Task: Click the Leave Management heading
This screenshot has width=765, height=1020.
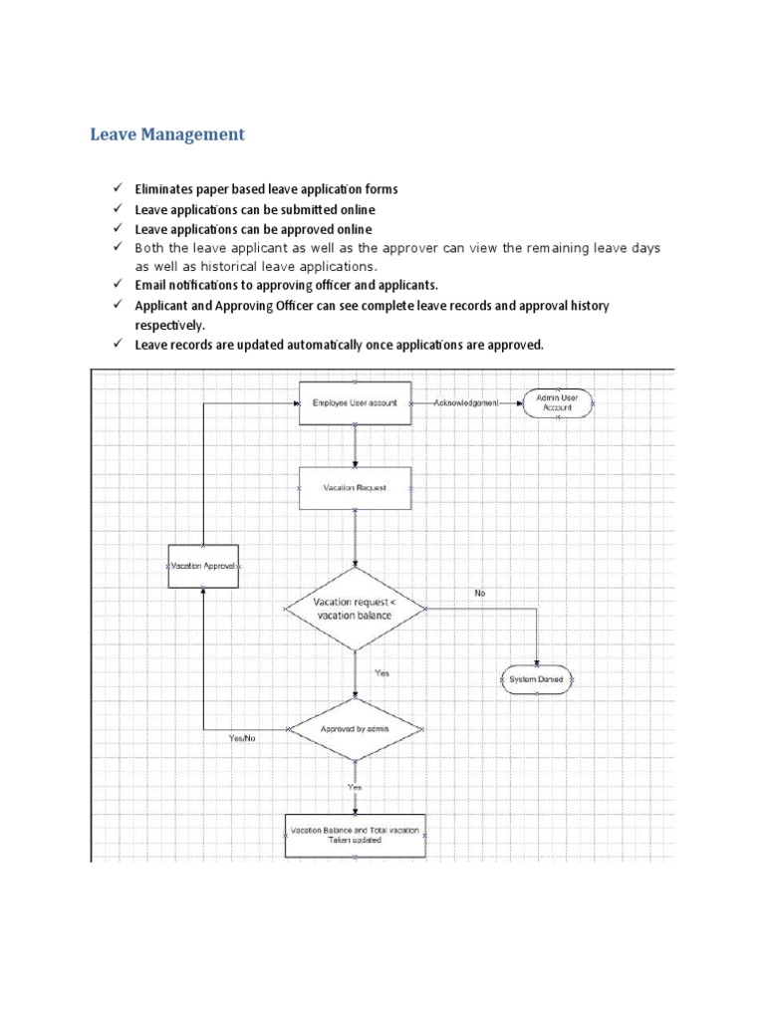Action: [x=167, y=133]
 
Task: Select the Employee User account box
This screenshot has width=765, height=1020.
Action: [x=355, y=402]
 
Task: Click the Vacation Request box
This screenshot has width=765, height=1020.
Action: [x=355, y=488]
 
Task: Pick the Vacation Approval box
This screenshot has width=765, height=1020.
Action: [x=203, y=566]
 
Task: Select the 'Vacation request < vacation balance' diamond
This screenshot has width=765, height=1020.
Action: [x=355, y=609]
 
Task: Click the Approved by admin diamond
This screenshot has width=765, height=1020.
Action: [x=355, y=729]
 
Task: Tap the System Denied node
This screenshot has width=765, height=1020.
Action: [x=537, y=680]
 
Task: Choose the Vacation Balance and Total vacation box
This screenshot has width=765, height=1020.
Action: [x=355, y=835]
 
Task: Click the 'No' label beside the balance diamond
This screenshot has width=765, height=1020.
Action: [x=479, y=593]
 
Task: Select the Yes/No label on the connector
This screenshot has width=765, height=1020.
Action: [x=243, y=739]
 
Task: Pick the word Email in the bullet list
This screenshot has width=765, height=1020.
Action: [x=149, y=285]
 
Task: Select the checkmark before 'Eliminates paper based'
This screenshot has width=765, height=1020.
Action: [x=116, y=188]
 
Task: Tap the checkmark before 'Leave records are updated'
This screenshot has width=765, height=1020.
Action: [x=116, y=344]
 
